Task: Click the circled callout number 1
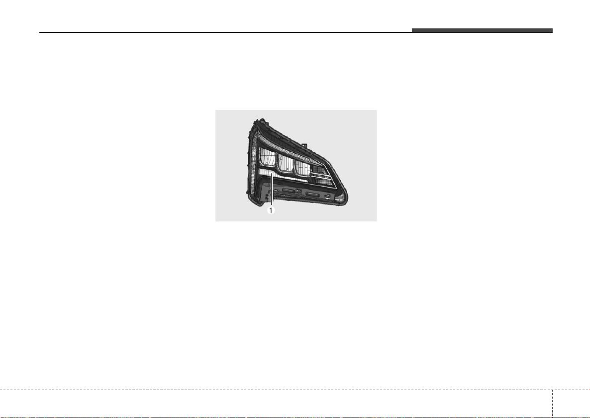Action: click(271, 210)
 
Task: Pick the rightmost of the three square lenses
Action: click(302, 167)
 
